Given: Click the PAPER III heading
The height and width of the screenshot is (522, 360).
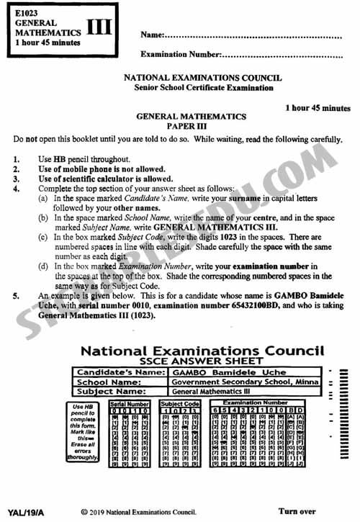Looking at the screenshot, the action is pos(191,125).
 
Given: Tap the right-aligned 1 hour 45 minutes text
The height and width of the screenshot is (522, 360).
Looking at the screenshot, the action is pos(318,107).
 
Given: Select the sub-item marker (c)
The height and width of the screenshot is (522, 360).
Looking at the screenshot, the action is pos(44,226).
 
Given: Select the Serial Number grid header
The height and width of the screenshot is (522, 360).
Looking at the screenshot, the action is pos(129,405).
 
